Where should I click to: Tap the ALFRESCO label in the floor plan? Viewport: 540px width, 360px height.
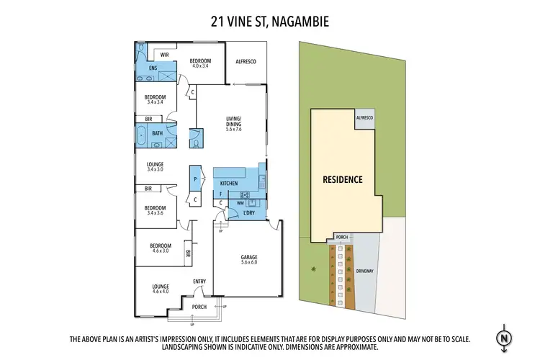pos(247,62)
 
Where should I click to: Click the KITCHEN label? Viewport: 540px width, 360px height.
pos(229,184)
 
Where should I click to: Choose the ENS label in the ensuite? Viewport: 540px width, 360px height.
pos(153,68)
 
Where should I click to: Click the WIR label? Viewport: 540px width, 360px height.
pos(164,55)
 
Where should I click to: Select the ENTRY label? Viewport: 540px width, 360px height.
pos(199,282)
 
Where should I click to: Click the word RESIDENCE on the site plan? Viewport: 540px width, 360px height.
pos(342,179)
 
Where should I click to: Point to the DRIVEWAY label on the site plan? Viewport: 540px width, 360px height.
pos(365,271)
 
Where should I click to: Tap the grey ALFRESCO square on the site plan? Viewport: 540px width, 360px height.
pos(364,119)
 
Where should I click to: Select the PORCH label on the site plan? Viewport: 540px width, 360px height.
pos(342,237)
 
